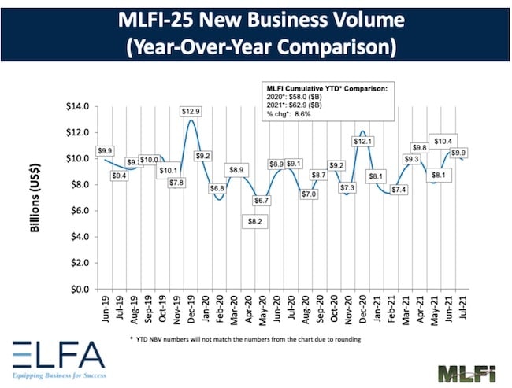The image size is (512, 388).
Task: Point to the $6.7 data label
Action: (260, 201)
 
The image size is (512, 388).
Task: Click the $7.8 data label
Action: (177, 183)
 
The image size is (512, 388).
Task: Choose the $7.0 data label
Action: (308, 194)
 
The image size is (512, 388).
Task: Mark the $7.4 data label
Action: (399, 190)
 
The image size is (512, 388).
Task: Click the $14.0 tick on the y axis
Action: (79, 106)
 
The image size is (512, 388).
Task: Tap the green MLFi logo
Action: (467, 371)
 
